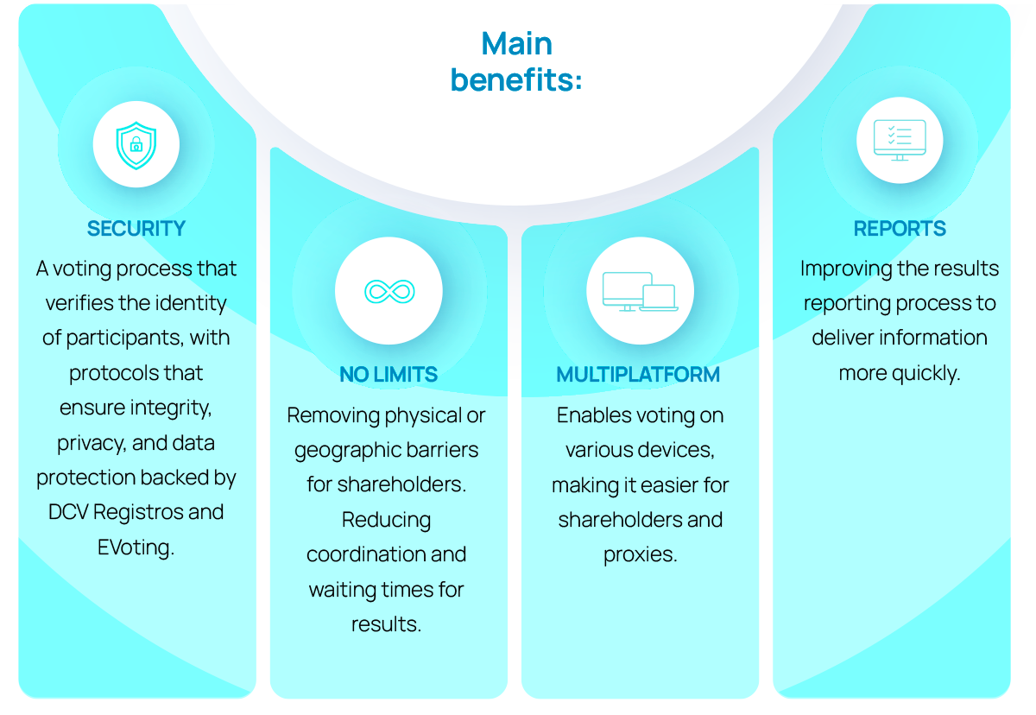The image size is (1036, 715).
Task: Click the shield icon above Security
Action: coord(136,144)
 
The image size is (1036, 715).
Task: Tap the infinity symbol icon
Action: coord(388,291)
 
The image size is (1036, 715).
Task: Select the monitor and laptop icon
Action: coord(640,291)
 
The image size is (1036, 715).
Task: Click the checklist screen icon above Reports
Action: coord(900,140)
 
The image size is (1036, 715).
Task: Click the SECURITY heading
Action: coord(136,229)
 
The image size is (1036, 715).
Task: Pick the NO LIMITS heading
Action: coord(388,375)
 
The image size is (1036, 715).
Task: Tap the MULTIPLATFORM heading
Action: coord(638,375)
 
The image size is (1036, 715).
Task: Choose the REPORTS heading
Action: coord(900,229)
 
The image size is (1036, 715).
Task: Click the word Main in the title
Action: coord(517,44)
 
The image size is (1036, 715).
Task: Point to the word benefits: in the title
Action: coord(516,80)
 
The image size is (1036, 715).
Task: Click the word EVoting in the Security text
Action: coord(136,547)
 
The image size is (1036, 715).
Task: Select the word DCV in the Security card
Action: coord(67,512)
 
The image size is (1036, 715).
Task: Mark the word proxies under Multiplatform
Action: coord(640,554)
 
